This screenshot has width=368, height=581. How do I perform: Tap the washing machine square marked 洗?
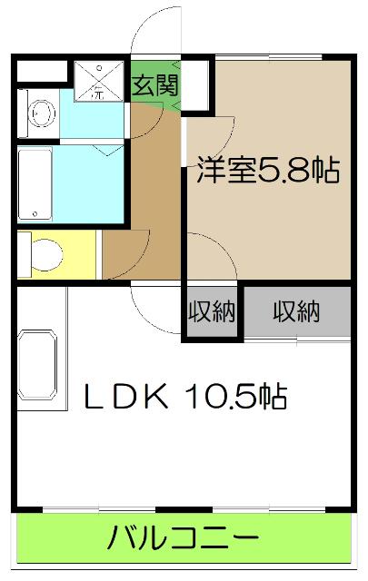point(93,80)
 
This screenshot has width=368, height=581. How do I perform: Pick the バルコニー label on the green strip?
point(183,540)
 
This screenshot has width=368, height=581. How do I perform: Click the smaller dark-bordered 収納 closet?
point(212,312)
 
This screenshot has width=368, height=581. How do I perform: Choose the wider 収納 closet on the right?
point(296,312)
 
